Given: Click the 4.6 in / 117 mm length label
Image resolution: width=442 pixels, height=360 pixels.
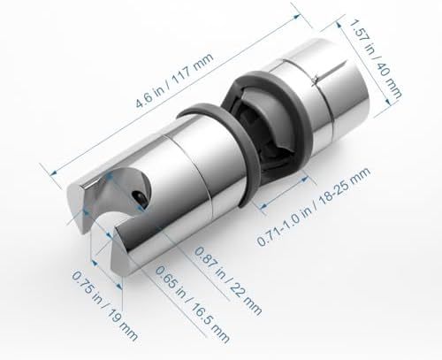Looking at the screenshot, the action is tap(174, 80).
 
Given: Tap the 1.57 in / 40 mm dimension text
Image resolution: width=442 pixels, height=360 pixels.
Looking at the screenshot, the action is tap(375, 59).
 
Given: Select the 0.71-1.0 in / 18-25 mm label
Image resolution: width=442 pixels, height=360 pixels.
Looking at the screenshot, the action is tap(314, 206).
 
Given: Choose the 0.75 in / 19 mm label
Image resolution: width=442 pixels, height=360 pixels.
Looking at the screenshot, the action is tap(105, 306).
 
